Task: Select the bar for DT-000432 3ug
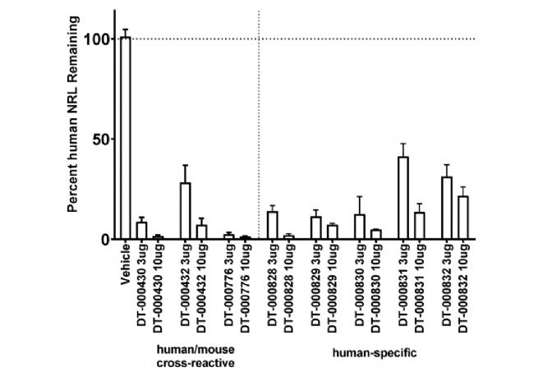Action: (186, 211)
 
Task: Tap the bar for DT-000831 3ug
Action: (403, 198)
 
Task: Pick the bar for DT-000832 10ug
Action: (463, 218)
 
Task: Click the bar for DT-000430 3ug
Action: (141, 231)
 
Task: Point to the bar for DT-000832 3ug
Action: (447, 208)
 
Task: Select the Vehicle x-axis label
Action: (126, 262)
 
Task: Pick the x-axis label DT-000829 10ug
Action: (332, 283)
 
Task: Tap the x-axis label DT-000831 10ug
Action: (420, 283)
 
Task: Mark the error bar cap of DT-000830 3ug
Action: (360, 197)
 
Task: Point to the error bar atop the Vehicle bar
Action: (126, 30)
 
